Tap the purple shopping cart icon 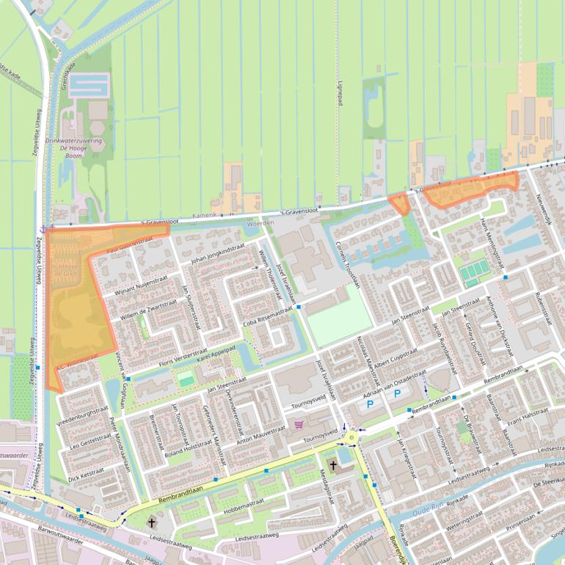tap(299, 424)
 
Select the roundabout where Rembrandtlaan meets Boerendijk tap(353, 438)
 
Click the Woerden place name tap(261, 222)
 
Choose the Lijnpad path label tap(340, 95)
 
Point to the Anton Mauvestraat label tap(260, 434)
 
